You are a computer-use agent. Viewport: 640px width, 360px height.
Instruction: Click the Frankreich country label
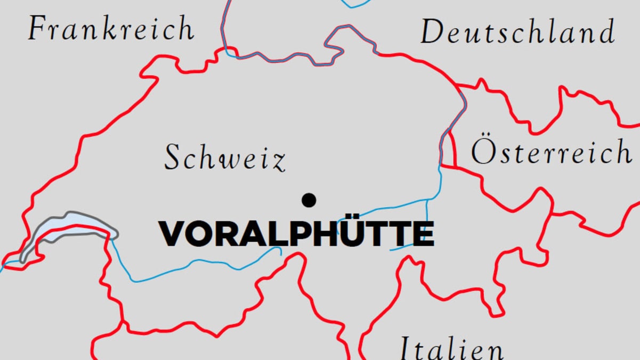point(111,29)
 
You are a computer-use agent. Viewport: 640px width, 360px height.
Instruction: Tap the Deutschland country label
point(517,32)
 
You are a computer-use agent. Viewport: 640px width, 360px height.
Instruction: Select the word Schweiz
point(224,158)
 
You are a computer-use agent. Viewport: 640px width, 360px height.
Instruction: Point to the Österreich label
point(550,152)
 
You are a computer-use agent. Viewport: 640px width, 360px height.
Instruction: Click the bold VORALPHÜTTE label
point(296,234)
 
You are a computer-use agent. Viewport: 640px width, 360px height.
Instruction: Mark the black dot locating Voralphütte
point(309,200)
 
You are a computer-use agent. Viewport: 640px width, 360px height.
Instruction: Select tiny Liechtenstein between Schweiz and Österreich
point(449,152)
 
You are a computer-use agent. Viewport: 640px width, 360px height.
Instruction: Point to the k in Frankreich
point(121,29)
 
